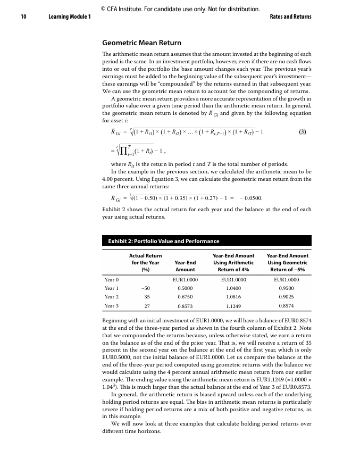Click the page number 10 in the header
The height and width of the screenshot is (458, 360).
point(24,17)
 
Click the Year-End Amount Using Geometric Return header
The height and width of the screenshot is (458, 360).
point(288,262)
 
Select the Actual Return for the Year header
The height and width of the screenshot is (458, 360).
point(146,262)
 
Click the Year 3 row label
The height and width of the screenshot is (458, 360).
point(112,306)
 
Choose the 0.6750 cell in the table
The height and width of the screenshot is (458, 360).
point(185,297)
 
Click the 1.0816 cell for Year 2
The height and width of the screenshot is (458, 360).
point(234,297)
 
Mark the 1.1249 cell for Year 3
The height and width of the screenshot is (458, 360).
point(234,306)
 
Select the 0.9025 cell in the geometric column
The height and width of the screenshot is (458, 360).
point(288,297)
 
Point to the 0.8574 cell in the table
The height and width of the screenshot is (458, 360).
point(288,306)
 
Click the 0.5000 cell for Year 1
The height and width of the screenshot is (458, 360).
point(185,288)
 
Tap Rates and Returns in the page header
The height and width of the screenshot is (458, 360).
point(287,17)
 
